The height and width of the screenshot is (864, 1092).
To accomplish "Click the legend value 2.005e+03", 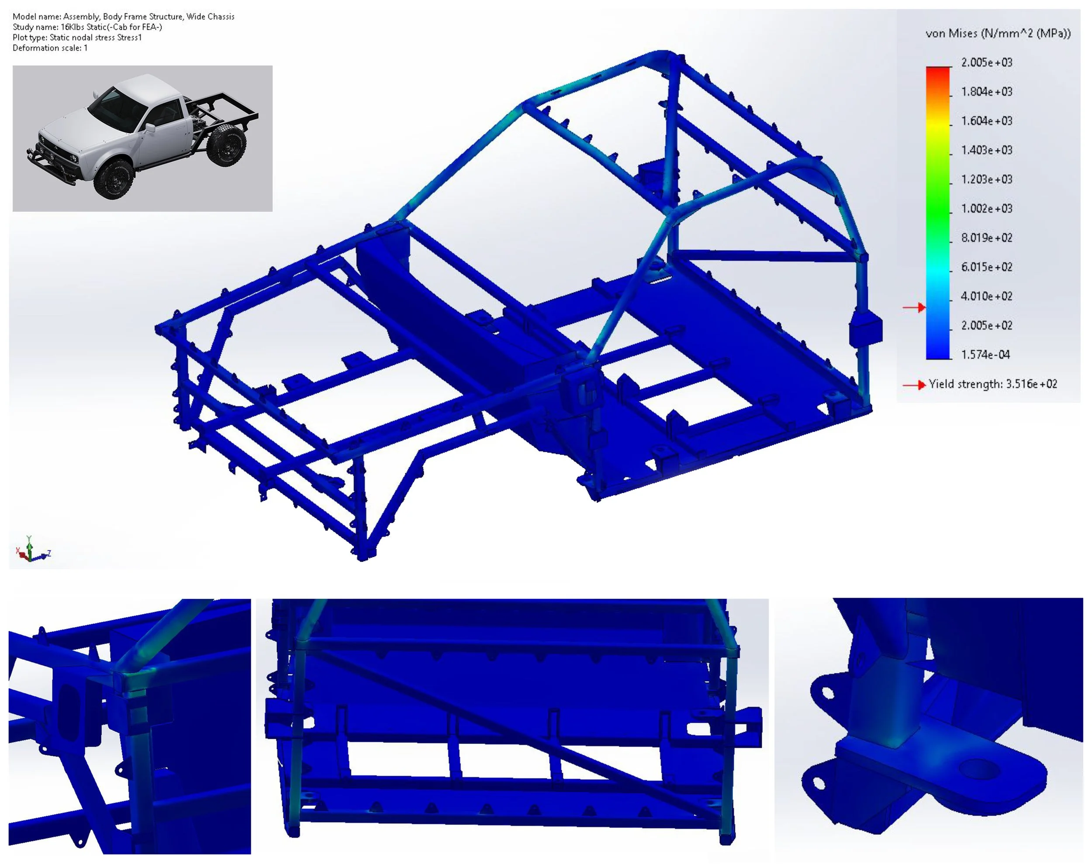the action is tap(986, 62).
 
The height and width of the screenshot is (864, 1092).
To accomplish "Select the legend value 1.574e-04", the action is tap(985, 355).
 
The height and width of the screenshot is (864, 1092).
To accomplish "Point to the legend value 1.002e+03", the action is tap(986, 208).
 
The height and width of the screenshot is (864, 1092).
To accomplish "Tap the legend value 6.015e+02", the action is tap(986, 267).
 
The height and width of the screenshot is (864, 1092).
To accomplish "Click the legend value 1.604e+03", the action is tap(986, 121).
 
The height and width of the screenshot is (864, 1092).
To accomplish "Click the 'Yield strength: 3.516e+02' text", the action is tap(993, 384).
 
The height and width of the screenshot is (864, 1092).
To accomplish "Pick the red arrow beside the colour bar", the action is tap(914, 307).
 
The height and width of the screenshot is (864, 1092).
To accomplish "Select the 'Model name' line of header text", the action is tap(124, 17).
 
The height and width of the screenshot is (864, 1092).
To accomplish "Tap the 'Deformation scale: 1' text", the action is tap(50, 48).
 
